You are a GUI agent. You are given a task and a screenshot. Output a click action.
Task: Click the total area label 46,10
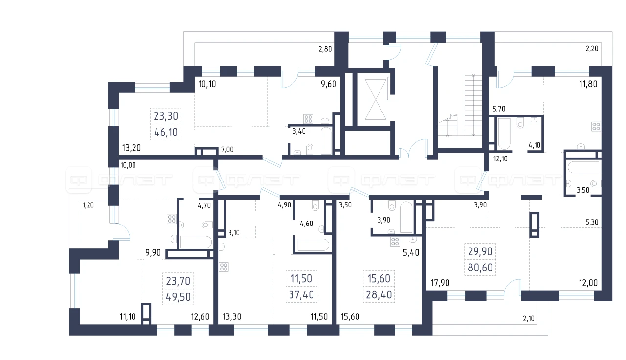coord(166,132)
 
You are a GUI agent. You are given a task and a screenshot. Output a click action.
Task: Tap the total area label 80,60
coord(480,268)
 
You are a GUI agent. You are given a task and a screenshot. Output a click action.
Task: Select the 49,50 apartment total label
coord(179,297)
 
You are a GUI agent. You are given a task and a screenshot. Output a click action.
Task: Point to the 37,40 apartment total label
coord(301,294)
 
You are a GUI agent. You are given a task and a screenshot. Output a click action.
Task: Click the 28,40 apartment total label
coord(379,294)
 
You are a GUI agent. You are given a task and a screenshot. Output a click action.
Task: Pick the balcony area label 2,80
coord(325,49)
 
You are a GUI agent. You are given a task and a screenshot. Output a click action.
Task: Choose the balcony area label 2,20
coord(592,49)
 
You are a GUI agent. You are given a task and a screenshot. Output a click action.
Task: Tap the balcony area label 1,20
coord(88,205)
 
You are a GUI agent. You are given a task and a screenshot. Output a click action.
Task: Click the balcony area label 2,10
coord(529,318)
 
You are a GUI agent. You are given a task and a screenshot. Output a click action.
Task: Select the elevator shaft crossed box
coord(375,99)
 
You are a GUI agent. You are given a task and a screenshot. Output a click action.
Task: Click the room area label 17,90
coord(440,283)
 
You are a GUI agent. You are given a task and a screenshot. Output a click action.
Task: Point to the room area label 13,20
coord(132,148)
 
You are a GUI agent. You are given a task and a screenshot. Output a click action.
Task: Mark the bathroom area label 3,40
coord(299,131)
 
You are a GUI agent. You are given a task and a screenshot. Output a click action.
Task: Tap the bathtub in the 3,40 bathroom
coord(326,141)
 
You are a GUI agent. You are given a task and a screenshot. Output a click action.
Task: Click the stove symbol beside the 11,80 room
coord(596,126)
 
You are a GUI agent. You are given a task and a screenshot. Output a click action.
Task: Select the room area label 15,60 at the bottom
coord(350,316)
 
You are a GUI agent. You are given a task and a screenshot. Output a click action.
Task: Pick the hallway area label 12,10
coord(500,159)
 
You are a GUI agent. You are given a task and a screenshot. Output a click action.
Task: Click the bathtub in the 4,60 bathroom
coord(313,245)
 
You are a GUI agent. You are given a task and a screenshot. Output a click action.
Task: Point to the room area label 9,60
coord(328,84)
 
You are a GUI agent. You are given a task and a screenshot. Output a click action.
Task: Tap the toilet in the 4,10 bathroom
coord(520,123)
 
